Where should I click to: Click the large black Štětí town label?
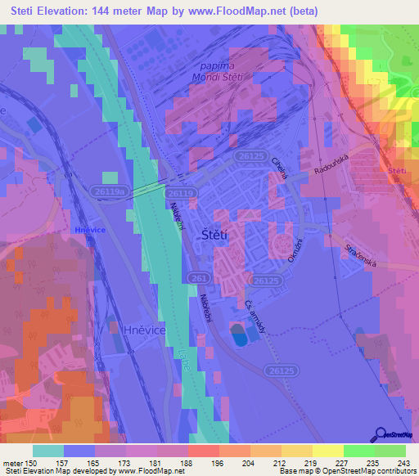(x=215, y=234)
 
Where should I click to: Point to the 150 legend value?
(x=31, y=462)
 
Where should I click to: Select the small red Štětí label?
(x=398, y=170)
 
